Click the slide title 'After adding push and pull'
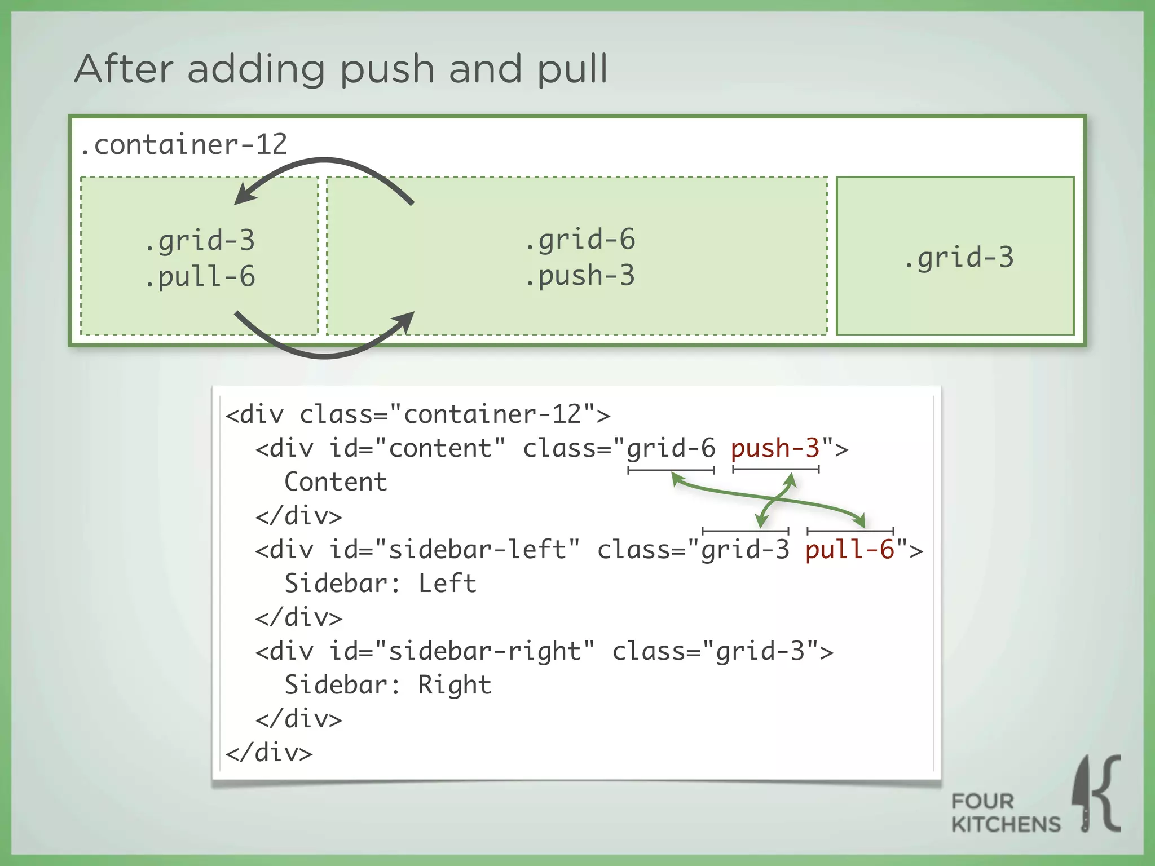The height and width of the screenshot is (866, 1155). coord(341,69)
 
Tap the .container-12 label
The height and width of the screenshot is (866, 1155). coord(184,144)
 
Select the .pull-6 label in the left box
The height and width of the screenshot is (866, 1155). coord(200,277)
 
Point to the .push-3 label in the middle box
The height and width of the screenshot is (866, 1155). coord(580,276)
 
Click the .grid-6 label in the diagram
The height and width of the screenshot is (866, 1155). coord(580,240)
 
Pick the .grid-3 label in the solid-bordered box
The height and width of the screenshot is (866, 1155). coord(959,258)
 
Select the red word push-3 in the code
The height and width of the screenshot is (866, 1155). coord(775,448)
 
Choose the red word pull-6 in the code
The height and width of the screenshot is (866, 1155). coord(849,550)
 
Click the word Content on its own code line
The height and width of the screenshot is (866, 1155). coord(336,482)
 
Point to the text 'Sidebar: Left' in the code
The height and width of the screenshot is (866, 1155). coord(380,584)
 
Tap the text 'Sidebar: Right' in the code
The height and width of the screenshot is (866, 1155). coord(388,685)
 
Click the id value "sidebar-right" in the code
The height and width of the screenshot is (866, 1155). coord(484,651)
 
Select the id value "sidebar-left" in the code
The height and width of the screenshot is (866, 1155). coord(477,550)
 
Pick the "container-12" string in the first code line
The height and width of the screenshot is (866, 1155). coord(492,414)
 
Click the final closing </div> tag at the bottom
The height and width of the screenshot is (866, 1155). coord(269,753)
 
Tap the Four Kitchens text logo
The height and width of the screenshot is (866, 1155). coord(1006,813)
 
